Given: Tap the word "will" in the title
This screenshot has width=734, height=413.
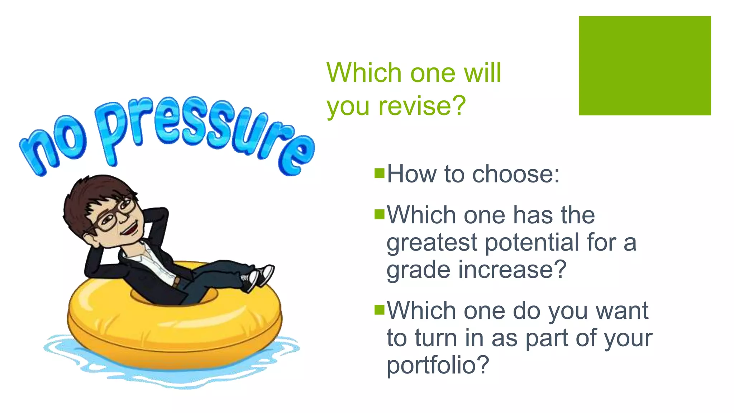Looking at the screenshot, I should coord(482,73).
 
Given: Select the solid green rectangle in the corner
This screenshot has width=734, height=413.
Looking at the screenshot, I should coord(644,66).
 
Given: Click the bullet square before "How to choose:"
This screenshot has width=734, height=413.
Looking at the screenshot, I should coord(379,173).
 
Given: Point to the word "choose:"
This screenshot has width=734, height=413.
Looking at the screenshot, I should coord(516,175).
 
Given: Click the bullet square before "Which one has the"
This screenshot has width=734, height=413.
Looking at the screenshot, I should coord(379,214).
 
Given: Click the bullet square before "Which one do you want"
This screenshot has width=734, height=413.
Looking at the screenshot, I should coord(379,309).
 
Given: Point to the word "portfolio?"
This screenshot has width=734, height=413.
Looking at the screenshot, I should coord(438,365).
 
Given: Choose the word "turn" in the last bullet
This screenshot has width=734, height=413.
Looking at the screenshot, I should coord(436,338).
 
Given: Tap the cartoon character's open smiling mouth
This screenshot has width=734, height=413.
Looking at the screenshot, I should coord(130,228).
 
